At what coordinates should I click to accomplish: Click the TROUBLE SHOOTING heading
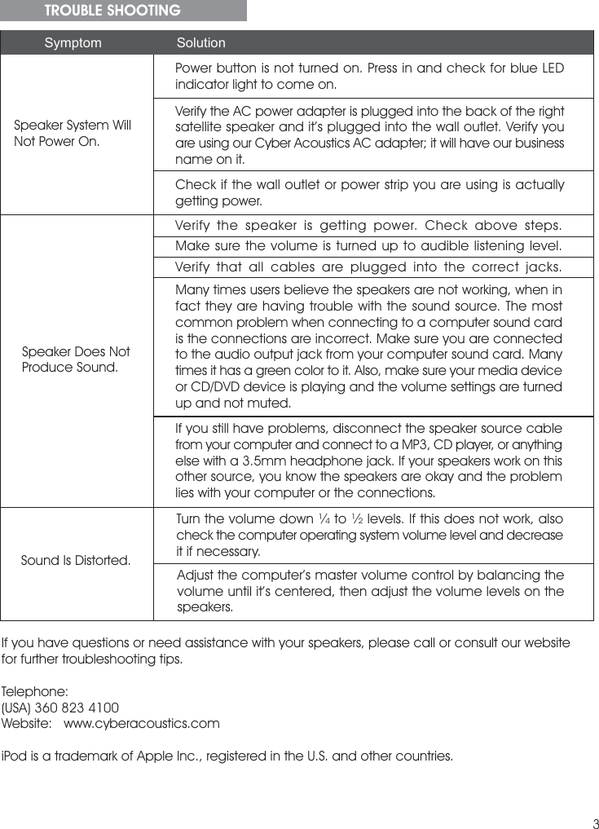coord(112,11)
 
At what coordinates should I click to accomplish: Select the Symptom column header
coord(73,42)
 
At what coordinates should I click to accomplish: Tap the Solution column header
coord(201,42)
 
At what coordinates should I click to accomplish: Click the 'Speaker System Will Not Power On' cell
coord(73,134)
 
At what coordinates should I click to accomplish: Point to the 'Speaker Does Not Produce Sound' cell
coord(76,359)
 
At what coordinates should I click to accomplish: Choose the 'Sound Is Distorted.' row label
coord(76,561)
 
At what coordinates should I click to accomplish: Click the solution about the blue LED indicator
coord(369,75)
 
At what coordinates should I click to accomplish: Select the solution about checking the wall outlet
coord(369,192)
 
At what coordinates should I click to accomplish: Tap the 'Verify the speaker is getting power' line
coord(369,225)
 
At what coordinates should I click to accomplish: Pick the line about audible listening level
coord(369,246)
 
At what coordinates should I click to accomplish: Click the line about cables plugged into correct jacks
coord(369,267)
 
